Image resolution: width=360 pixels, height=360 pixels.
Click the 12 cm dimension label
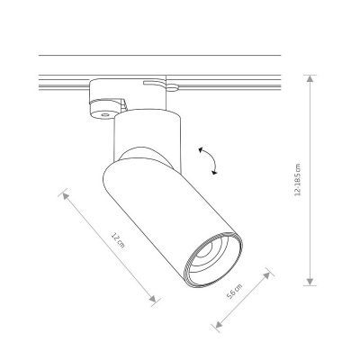pos(117,240)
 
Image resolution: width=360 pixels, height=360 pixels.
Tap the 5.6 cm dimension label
pos(234,292)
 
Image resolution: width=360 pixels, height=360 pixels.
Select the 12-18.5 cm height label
pos(297,180)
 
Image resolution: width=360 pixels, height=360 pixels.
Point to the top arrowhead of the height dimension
pos(310,78)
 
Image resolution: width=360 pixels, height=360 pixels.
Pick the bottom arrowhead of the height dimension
pos(310,282)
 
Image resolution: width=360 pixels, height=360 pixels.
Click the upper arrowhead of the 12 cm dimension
pos(66,196)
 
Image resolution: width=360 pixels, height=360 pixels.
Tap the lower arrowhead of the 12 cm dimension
pos(153,299)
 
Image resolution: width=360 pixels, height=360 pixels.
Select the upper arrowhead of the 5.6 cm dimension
pos(266,276)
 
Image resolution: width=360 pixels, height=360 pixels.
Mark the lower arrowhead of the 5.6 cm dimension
pos(219,324)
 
